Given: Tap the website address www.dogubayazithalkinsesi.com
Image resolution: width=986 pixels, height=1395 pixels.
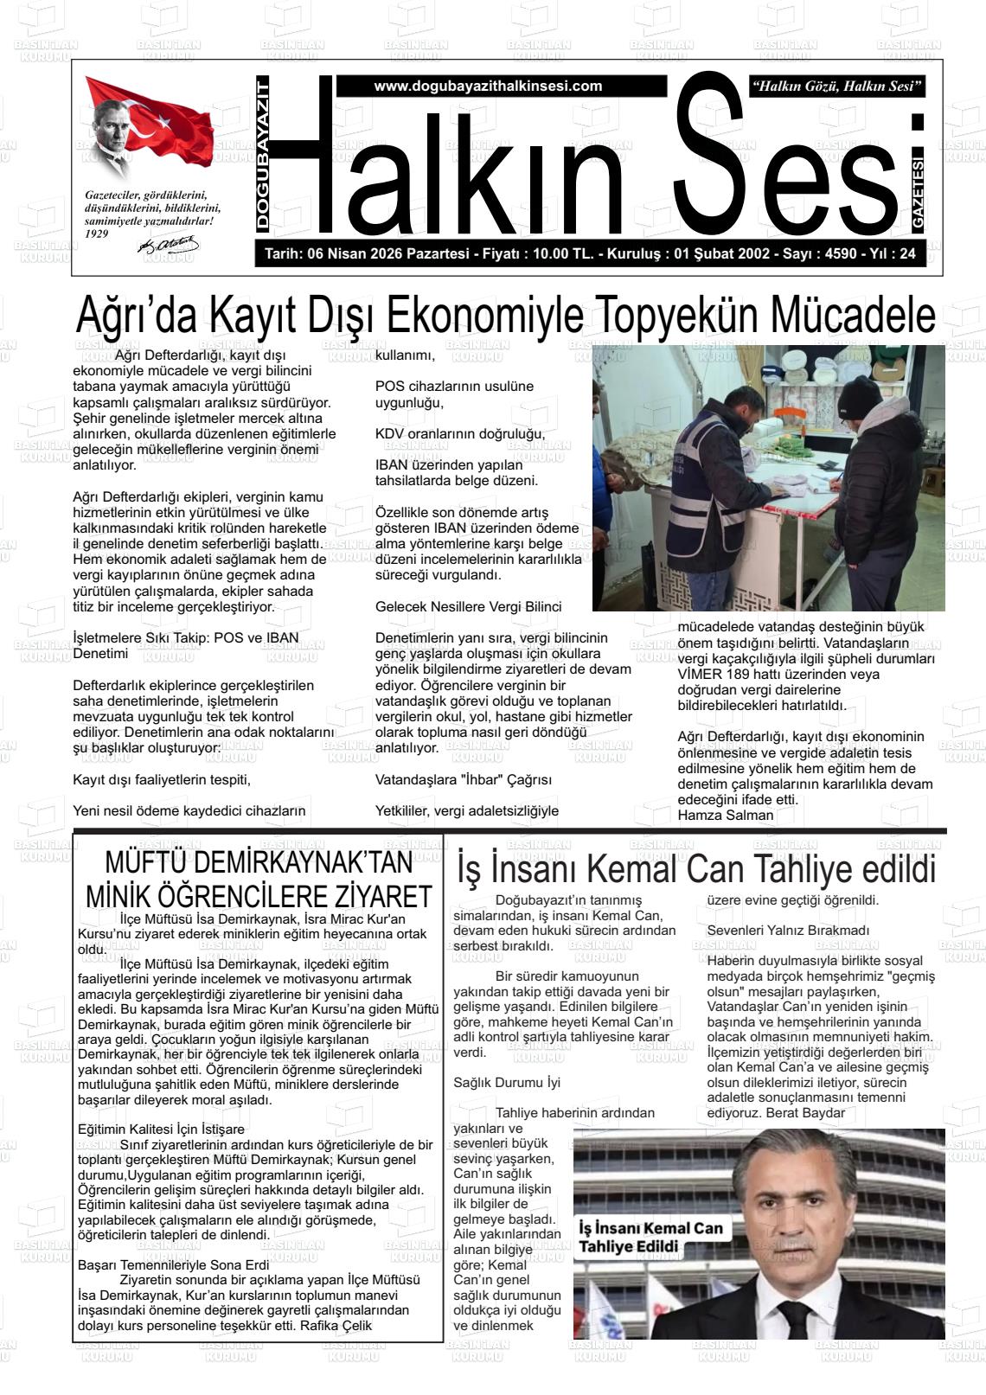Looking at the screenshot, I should coord(488,86).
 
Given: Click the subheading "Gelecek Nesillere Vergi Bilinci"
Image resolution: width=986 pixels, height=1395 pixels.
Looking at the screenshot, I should coord(468,606).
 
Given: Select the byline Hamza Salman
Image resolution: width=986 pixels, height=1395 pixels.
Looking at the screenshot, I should coord(726,815).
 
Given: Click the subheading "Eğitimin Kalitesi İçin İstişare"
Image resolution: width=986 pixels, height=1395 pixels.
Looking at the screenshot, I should coord(161,1129).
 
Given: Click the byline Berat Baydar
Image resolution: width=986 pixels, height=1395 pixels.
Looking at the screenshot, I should coord(804,1112).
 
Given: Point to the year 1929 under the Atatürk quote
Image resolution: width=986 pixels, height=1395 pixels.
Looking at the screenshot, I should coord(97,234).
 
